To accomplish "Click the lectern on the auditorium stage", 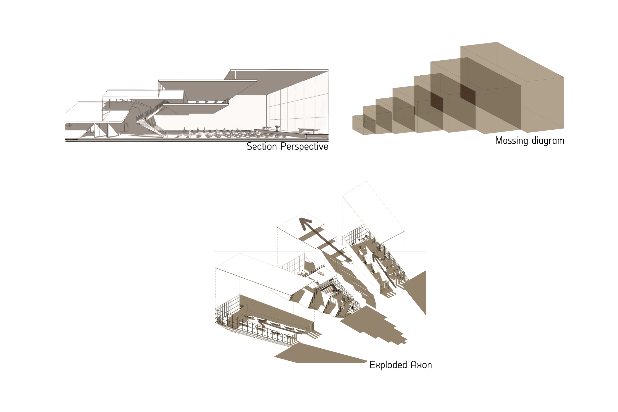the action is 277,128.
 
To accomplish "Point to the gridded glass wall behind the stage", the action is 297,105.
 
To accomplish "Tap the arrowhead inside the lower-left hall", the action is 261,322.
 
